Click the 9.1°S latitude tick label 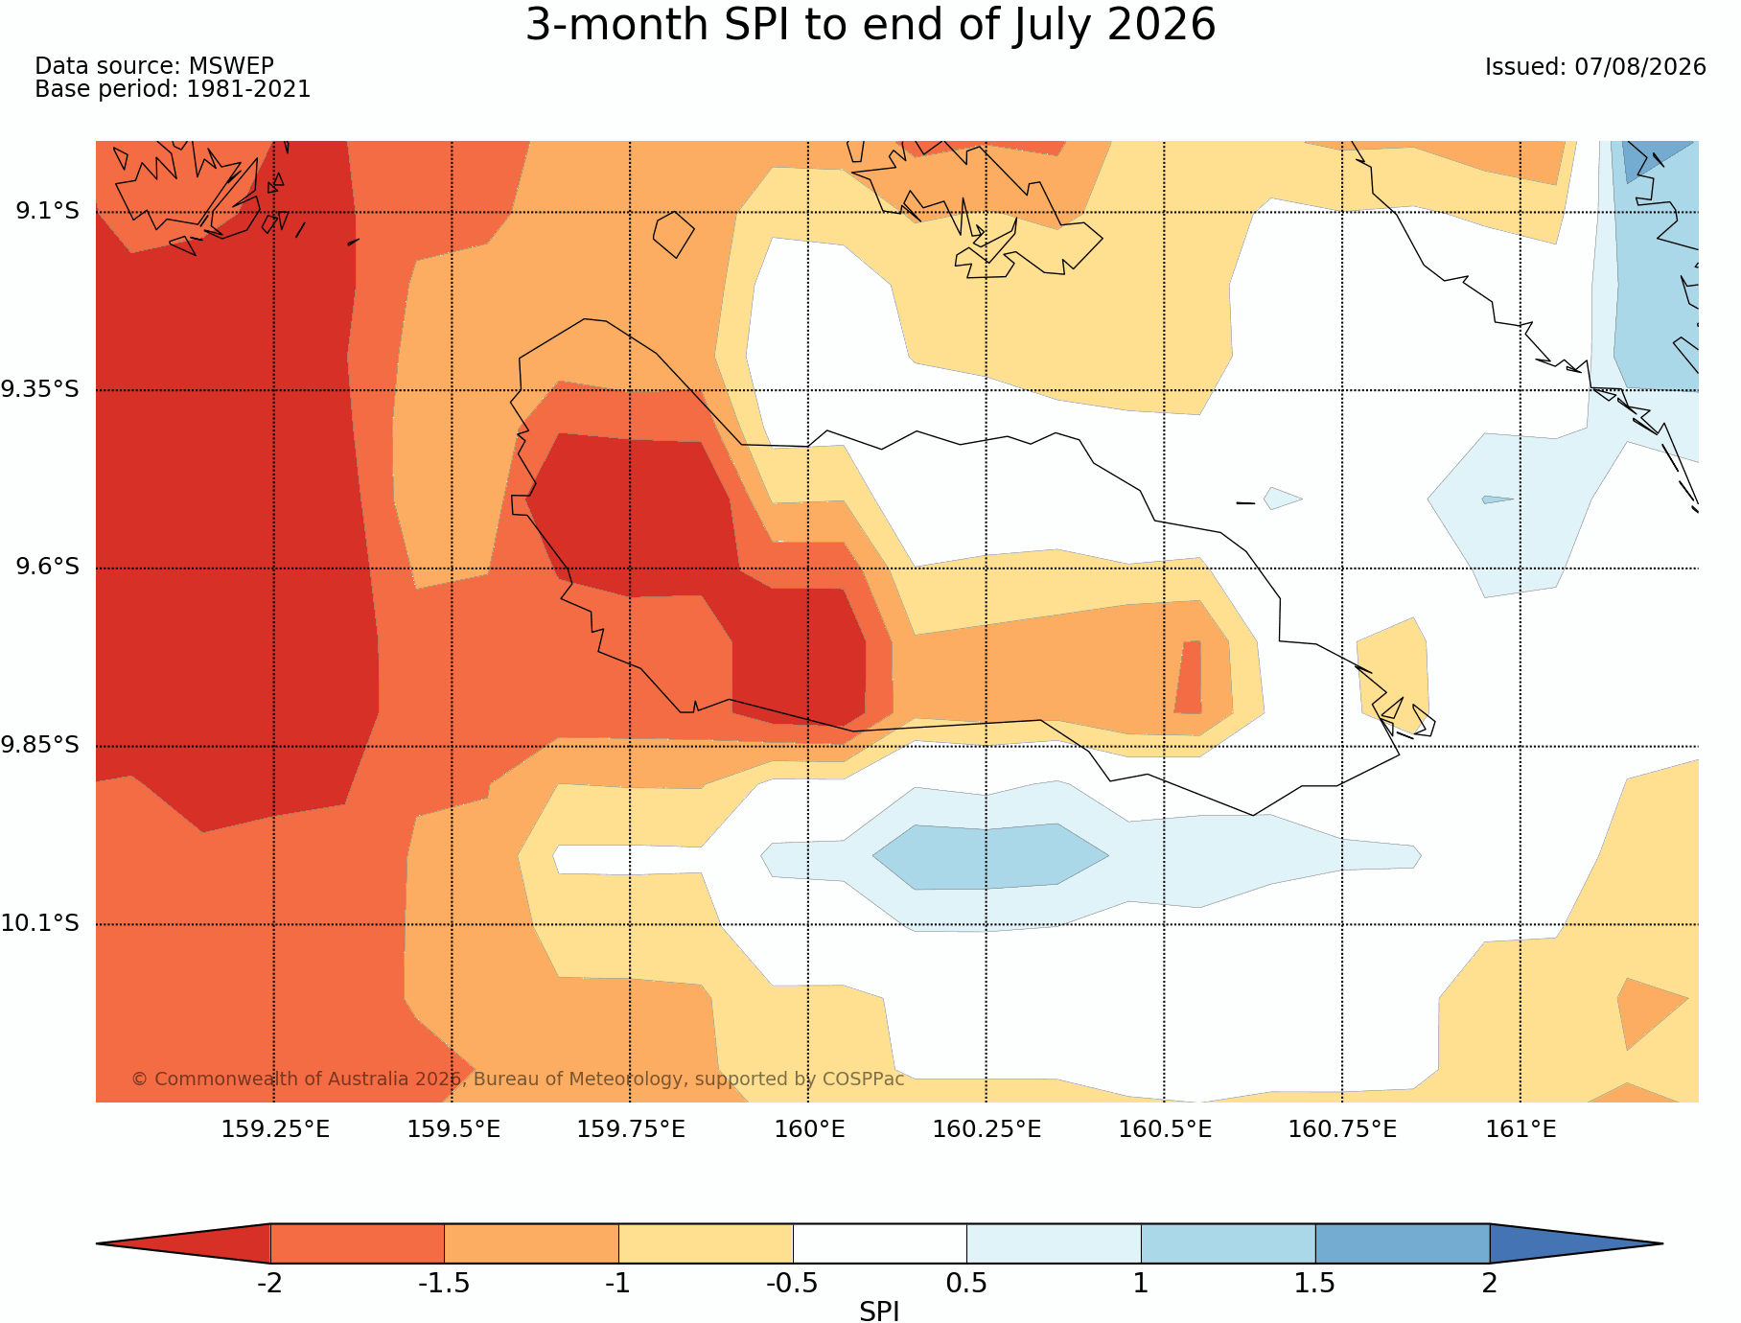47,211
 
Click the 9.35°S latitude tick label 40,389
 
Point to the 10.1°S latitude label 40,923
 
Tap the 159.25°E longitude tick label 275,1129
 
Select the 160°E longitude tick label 809,1129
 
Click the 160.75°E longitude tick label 1342,1129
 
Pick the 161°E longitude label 1520,1129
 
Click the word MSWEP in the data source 231,66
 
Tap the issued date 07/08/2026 1640,67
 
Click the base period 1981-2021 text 248,89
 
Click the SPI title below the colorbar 879,1311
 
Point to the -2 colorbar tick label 269,1284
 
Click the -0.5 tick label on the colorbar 792,1284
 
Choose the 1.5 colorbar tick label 1314,1284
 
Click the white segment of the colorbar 879,1243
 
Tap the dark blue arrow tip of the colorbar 1661,1243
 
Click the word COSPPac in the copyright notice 863,1079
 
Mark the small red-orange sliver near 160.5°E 1189,677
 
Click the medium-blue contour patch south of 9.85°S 990,856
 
